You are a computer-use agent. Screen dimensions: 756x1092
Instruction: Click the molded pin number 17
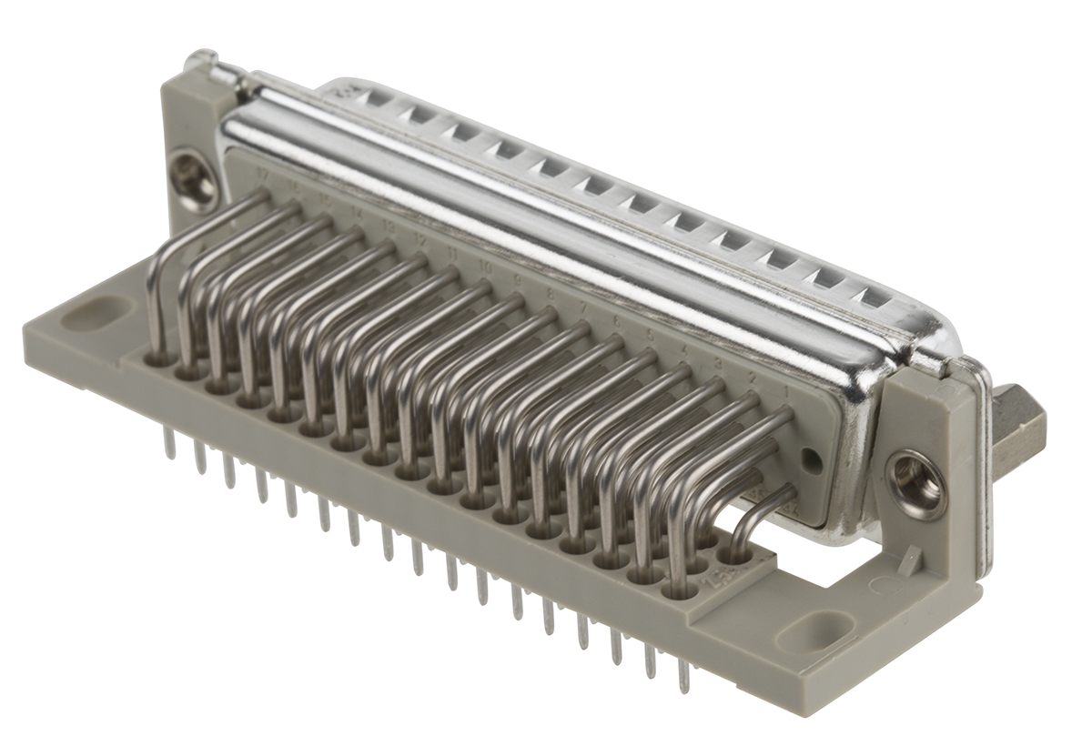[x=264, y=172]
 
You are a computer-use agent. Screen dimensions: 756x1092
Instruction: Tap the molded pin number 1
[x=786, y=390]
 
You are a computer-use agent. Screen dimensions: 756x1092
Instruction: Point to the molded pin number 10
[x=486, y=267]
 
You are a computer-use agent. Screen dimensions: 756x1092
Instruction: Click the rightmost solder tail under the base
[x=682, y=677]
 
